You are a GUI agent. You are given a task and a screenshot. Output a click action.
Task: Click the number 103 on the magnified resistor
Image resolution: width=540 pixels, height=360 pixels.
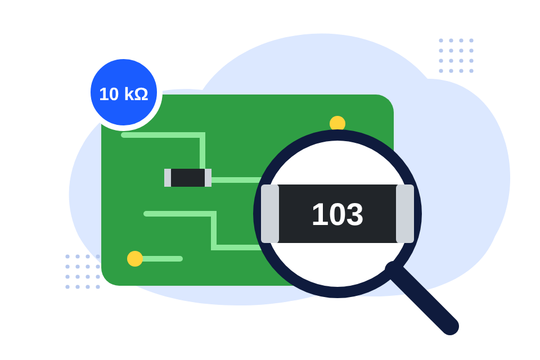337,214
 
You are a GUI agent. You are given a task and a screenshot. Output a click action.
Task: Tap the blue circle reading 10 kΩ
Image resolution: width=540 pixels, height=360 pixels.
124,92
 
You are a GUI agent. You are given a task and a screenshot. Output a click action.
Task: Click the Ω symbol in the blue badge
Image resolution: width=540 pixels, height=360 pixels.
141,94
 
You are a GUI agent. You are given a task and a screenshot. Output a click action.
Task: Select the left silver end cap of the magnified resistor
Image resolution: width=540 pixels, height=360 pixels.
270,214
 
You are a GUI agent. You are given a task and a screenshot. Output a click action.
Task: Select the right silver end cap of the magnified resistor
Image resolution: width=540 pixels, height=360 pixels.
405,214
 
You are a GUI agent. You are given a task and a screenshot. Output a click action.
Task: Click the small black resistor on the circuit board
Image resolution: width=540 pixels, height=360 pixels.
188,178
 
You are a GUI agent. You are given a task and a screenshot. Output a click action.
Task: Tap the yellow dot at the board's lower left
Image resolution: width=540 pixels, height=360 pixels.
135,259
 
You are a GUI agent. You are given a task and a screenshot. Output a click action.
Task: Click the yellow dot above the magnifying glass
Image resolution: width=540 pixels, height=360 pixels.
337,123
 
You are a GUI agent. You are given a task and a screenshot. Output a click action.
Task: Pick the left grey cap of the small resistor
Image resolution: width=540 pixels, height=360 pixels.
168,178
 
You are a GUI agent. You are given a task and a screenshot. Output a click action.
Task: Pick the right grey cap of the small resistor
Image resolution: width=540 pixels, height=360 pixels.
208,178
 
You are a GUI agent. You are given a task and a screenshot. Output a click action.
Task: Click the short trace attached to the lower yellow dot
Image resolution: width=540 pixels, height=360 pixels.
162,259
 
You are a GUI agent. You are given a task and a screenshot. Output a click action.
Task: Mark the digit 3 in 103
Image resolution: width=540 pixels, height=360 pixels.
355,214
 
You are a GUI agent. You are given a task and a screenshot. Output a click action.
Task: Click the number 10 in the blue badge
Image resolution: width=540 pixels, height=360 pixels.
109,94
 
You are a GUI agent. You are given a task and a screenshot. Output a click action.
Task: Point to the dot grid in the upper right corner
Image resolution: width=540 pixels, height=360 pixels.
456,56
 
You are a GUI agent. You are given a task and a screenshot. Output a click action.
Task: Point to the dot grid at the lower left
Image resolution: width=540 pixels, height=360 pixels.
83,272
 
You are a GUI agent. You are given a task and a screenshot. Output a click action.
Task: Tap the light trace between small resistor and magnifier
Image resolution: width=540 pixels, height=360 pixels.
236,180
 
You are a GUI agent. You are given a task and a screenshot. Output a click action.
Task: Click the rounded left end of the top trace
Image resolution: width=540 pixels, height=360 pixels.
124,135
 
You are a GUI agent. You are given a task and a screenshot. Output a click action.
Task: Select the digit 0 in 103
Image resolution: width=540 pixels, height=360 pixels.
336,214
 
